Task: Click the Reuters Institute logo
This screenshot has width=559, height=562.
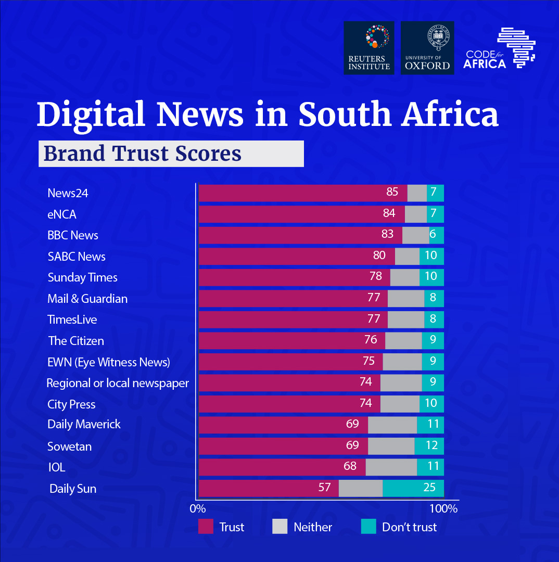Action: pos(369,48)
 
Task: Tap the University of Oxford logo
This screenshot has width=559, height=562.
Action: pos(427,48)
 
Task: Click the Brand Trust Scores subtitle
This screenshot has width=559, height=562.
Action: pos(143,154)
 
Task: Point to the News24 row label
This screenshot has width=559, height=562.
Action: pos(68,193)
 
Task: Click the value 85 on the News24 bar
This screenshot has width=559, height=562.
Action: pos(392,192)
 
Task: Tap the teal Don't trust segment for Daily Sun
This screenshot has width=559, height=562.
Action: pos(413,488)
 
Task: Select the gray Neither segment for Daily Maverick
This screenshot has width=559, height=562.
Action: pos(392,425)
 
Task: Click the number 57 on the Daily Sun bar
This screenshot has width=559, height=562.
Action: pos(324,488)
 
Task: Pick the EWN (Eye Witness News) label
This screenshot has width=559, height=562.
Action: pos(108,362)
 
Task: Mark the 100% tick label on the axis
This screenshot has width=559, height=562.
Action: pos(443,508)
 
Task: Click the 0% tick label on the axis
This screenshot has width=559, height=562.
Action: pos(198,508)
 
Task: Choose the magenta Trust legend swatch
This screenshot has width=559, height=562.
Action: pos(206,527)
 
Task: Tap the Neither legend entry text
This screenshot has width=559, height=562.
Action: pos(312,527)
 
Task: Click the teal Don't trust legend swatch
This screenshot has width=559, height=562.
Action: pos(369,527)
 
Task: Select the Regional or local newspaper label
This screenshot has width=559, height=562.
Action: pos(118,384)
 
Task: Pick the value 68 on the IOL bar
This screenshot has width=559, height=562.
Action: pos(350,466)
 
